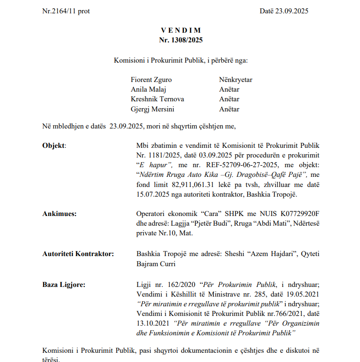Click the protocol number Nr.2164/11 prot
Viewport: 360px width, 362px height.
[x=66, y=11]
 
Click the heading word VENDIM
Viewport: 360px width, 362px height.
[x=181, y=30]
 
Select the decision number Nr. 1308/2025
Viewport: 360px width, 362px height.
[x=181, y=40]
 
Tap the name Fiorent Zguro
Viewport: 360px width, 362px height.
[x=151, y=80]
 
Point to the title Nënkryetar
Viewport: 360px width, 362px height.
[x=236, y=80]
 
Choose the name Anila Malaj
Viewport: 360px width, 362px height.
[x=148, y=89]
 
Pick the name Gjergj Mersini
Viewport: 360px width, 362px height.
[x=153, y=109]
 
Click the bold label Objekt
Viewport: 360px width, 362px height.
[x=54, y=146]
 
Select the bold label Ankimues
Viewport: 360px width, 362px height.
[x=59, y=214]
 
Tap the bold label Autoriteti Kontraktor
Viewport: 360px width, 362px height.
[x=78, y=253]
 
